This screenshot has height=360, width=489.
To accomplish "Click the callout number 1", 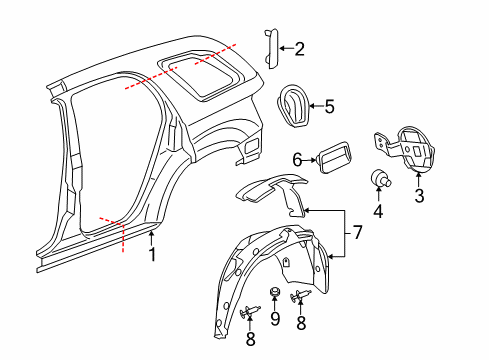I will [x=153, y=255].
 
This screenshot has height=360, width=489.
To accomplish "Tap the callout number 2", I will [x=299, y=48].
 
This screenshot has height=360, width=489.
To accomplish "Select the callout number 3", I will [x=420, y=196].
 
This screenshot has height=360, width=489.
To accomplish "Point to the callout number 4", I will [x=378, y=211].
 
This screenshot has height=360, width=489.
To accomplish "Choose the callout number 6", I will [x=297, y=159].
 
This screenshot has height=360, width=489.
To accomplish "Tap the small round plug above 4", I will [x=380, y=179].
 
